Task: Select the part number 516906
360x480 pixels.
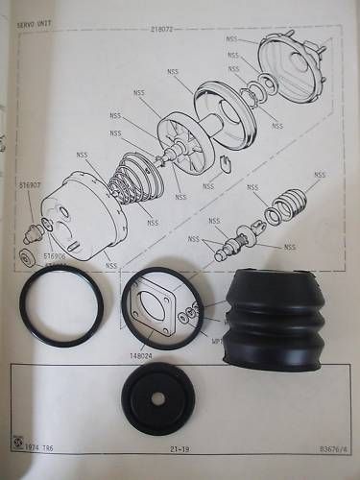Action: click(x=57, y=257)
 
